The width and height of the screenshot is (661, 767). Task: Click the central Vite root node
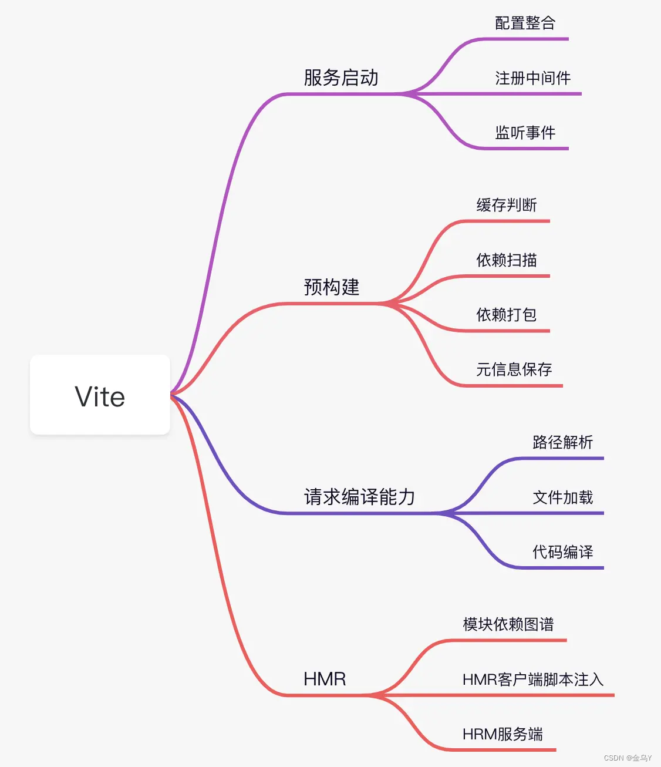[x=100, y=395]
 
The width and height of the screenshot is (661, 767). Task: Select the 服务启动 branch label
[x=341, y=78]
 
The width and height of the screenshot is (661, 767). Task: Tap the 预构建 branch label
[x=332, y=287]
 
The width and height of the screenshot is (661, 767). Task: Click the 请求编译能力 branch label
[x=359, y=497]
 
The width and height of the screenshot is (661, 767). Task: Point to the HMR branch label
[x=325, y=679]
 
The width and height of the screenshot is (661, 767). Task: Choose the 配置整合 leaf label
[x=525, y=23]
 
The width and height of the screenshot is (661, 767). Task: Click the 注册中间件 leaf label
[x=532, y=78]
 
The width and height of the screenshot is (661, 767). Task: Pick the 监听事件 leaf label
[x=525, y=133]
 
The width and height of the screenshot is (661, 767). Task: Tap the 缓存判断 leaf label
[x=507, y=206]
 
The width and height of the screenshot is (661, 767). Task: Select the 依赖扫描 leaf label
[x=507, y=260]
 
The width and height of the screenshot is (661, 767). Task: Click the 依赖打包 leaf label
[x=507, y=315]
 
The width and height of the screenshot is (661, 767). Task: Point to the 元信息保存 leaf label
[x=514, y=369]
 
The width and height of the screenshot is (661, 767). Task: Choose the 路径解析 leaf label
[x=562, y=442]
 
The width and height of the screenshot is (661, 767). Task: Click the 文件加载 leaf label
[x=562, y=497]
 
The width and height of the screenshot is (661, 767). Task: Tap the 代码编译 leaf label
[x=562, y=552]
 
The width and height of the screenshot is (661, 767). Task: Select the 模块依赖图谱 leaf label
[x=508, y=624]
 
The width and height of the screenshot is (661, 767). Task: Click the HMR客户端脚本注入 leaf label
[x=533, y=679]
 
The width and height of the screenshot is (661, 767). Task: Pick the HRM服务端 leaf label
[x=503, y=734]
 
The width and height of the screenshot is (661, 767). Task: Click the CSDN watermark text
[x=628, y=758]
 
